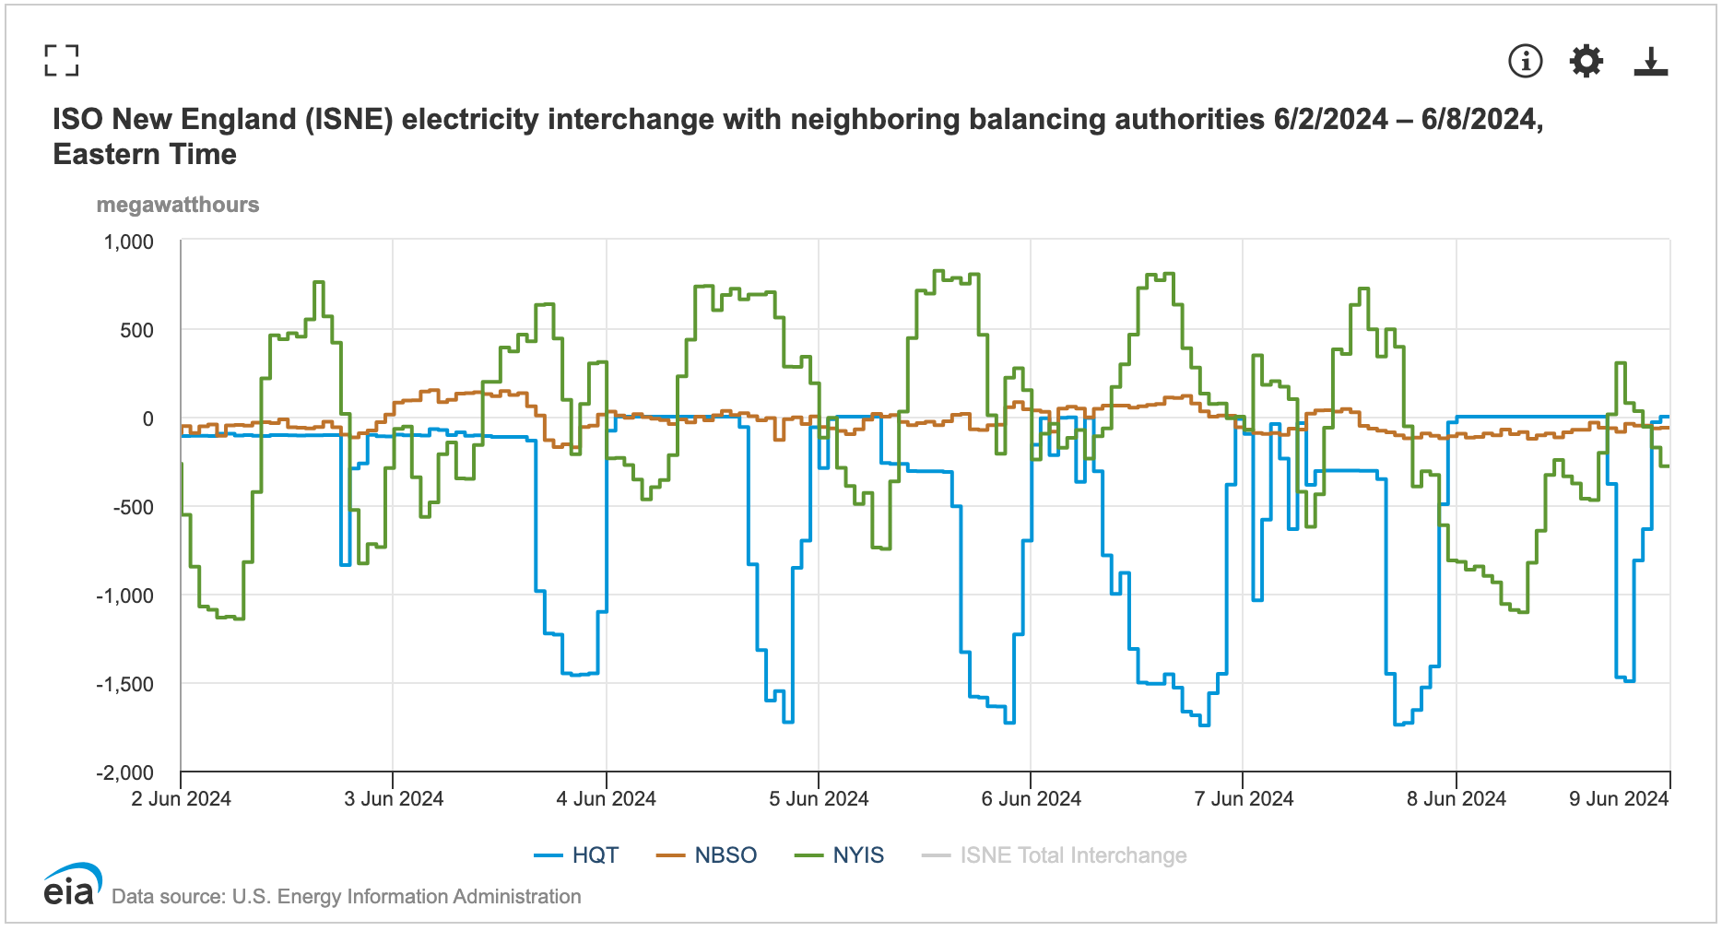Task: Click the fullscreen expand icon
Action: pos(61,60)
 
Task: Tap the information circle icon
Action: pos(1525,61)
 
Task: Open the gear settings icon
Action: pos(1586,61)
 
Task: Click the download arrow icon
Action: pos(1650,61)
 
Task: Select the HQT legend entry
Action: pos(577,855)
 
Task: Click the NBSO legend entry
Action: pos(707,855)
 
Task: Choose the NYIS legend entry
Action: pos(840,855)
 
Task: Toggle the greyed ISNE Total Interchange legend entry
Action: pos(1055,855)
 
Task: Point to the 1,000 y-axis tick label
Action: pos(129,242)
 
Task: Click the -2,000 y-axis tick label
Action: pos(125,772)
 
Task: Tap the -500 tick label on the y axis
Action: pos(134,507)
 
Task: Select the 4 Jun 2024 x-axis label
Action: pos(606,799)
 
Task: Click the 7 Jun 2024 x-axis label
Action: pos(1244,799)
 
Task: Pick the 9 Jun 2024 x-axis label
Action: pos(1619,799)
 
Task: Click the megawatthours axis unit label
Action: pos(178,205)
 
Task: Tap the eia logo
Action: pos(71,886)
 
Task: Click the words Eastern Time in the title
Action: pos(145,154)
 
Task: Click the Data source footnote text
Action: pos(346,897)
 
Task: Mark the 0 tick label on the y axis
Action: pos(147,419)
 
